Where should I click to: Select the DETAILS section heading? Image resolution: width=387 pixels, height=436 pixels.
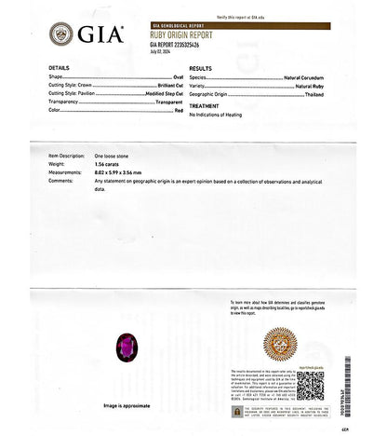tap(59, 69)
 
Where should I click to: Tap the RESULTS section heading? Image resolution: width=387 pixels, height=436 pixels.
tap(200, 69)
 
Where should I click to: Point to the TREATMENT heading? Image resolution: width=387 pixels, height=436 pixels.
tap(204, 105)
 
